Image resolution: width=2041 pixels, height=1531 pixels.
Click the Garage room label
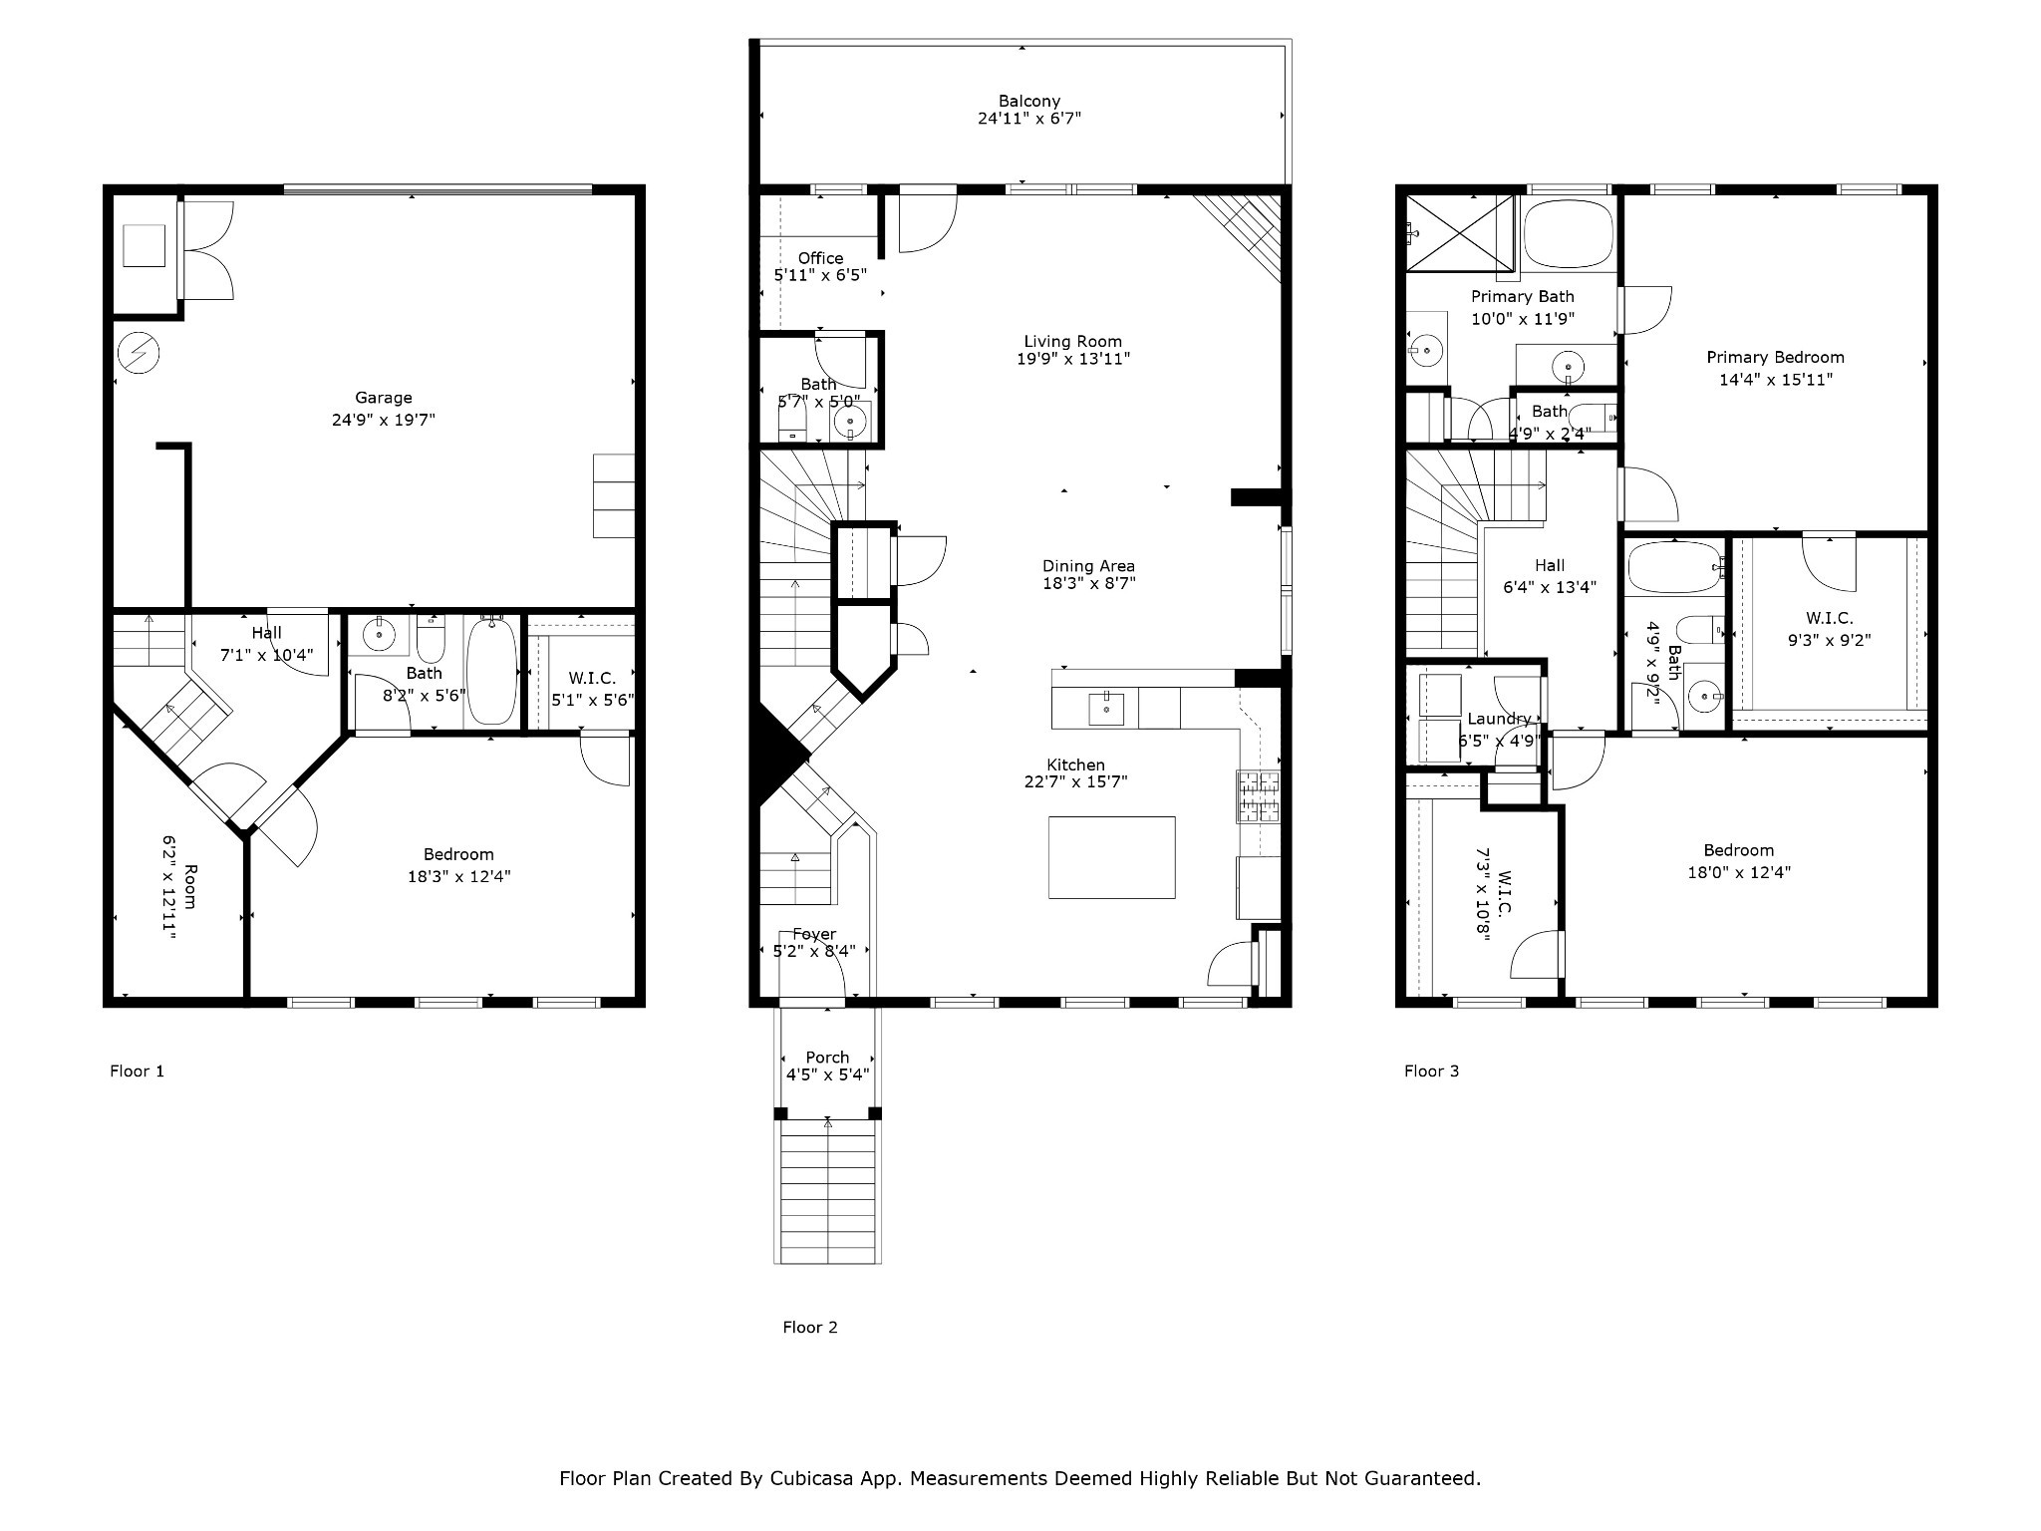tap(384, 398)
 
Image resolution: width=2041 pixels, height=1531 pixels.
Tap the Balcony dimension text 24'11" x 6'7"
tap(1029, 119)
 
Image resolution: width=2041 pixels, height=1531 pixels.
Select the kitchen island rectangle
tap(1111, 857)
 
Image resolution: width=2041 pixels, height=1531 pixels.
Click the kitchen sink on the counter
tap(1106, 709)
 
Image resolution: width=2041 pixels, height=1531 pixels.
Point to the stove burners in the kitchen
tap(1259, 796)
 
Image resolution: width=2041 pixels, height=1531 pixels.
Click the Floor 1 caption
tap(137, 1072)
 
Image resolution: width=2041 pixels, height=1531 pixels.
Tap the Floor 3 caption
tap(1431, 1072)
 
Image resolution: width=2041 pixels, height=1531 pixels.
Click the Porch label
tap(827, 1058)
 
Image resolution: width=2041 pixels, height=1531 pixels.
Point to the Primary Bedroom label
tap(1775, 357)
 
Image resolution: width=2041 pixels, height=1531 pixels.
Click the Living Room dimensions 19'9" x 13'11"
tap(1073, 359)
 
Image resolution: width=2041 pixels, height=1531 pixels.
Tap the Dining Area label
tap(1088, 566)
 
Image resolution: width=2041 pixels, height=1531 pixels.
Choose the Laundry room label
tap(1499, 719)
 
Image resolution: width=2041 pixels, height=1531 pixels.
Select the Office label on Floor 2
tap(820, 258)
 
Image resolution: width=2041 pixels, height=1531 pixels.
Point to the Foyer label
tap(814, 934)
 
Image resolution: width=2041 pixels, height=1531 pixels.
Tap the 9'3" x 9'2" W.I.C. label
tap(1829, 641)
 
